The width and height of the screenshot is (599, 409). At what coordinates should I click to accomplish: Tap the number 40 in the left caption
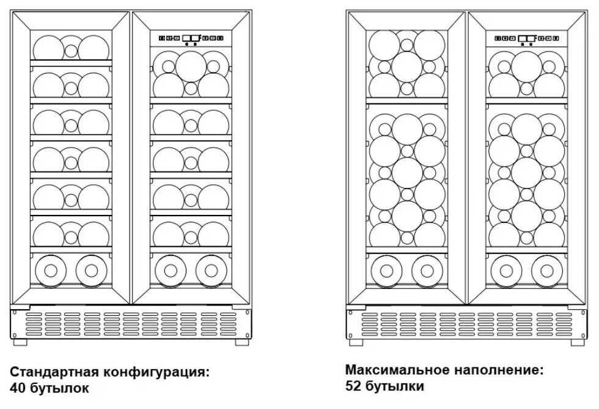coord(17,388)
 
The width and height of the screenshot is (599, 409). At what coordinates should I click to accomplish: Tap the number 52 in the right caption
coord(353,386)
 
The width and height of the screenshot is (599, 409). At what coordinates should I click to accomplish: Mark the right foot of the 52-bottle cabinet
coord(573,341)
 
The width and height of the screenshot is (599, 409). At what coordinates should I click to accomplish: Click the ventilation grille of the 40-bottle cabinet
coord(131,323)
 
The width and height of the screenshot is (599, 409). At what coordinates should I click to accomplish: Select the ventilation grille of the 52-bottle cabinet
coord(468,322)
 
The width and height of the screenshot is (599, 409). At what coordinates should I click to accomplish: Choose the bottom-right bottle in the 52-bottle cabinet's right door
coord(546,269)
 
